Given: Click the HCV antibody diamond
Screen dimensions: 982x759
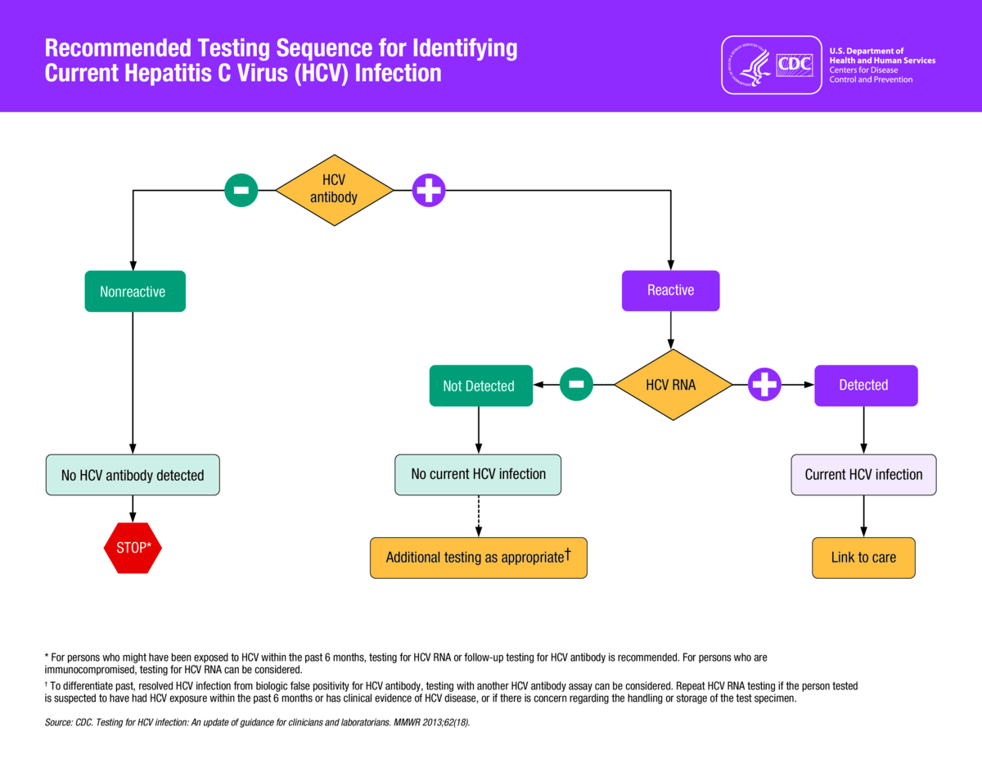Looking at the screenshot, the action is pos(335,190).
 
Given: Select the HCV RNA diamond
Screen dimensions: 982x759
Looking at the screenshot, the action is pos(673,385).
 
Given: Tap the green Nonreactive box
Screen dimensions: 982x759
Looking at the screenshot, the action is pos(135,291).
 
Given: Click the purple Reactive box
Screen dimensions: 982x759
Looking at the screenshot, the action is pos(671,291).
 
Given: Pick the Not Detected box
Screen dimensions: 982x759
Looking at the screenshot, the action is pos(481,386).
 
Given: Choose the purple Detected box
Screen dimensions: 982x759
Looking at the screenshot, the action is pos(866,386).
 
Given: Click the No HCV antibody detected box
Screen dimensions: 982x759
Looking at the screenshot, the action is pos(133,475).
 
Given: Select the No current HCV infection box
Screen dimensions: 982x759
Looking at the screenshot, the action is pos(478,475).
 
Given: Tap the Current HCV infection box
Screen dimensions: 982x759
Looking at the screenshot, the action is pos(863,475).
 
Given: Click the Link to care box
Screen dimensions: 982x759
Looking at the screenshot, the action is pos(863,558).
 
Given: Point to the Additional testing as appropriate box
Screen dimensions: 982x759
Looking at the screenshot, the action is pos(479,558).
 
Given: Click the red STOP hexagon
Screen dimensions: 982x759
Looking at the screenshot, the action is pos(133,548).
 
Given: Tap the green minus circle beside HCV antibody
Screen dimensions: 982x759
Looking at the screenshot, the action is pos(241,190).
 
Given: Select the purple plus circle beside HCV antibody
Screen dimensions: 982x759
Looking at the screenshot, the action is pos(429,190).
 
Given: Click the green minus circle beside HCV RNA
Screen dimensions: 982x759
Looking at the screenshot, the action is pos(576,384).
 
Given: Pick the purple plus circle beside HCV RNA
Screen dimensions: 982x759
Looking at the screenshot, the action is pos(764,384).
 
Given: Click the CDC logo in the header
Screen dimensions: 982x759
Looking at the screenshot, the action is pos(772,66).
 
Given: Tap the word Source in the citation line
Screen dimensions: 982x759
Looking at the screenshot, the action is pos(58,722).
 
